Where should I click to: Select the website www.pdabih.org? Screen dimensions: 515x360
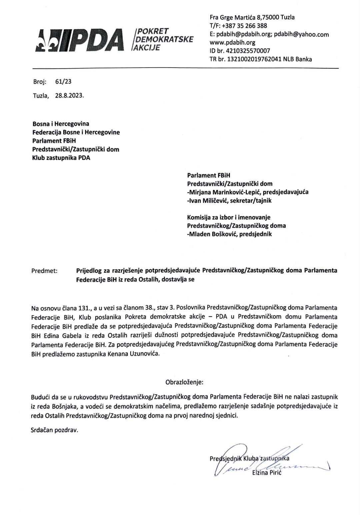[x=232, y=42]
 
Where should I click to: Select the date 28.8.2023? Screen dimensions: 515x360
[x=70, y=96]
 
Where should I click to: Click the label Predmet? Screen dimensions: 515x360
[x=44, y=271]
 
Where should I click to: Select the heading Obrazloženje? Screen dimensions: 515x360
[x=184, y=382]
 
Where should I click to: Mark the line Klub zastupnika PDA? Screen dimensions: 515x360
[x=61, y=158]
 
